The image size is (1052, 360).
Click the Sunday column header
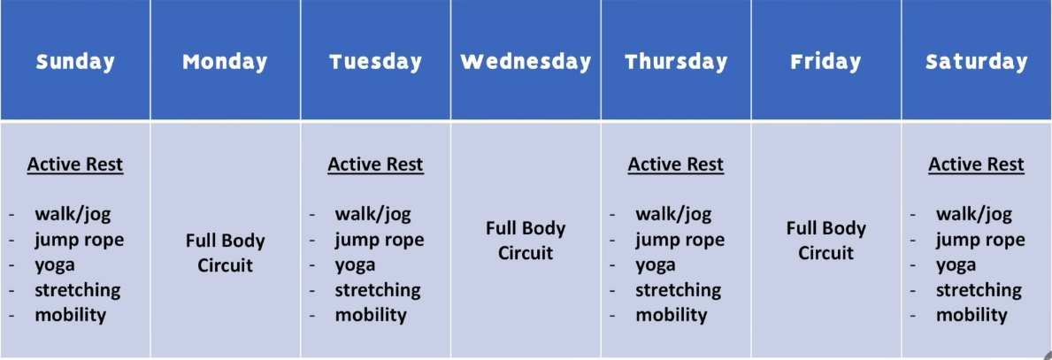pos(75,62)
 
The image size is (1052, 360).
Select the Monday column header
pos(225,62)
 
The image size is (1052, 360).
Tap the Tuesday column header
pos(376,62)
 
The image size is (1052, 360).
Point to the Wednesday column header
pos(526,62)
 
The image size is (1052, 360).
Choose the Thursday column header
pos(676,62)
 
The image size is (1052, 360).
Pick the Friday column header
pos(825,62)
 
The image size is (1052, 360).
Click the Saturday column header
pos(977,62)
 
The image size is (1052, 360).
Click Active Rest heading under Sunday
pos(75,165)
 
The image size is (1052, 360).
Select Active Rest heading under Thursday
pos(676,165)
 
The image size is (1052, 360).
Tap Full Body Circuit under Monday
pos(226,253)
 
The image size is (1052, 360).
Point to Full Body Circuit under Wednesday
pos(526,241)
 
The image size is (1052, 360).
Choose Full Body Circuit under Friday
pos(826,241)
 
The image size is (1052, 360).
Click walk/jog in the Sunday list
pos(73,215)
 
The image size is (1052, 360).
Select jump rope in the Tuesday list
pos(380,240)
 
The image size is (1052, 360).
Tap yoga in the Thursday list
pos(656,265)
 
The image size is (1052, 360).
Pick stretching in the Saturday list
pos(979,289)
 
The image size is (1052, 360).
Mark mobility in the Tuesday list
pos(371,314)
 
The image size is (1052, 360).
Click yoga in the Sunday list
pos(54,265)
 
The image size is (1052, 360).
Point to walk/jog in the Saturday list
pos(974,215)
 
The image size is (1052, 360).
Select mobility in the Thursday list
pos(672,314)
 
